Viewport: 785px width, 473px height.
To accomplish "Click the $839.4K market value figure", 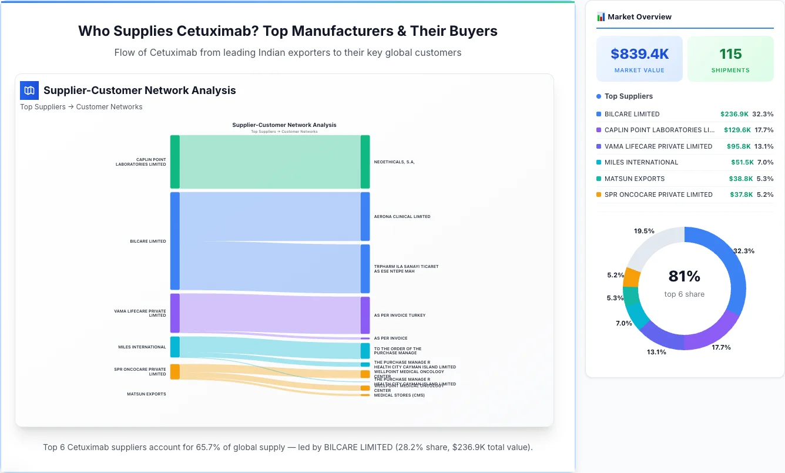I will pyautogui.click(x=639, y=54).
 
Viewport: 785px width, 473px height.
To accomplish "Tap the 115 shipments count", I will pyautogui.click(x=730, y=54).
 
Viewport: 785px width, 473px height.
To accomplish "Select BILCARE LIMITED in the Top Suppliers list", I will pyautogui.click(x=632, y=114).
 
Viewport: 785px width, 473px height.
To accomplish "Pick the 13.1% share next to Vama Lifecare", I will pyautogui.click(x=764, y=146).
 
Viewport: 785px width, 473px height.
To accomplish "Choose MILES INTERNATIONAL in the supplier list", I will pyautogui.click(x=641, y=162).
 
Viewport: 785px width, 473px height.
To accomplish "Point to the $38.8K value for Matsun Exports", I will pyautogui.click(x=740, y=179).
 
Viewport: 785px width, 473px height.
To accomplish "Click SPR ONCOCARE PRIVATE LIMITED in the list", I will pyautogui.click(x=658, y=194).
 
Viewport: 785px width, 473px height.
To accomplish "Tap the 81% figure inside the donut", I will pyautogui.click(x=684, y=276).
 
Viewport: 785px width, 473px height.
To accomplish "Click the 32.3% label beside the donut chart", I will pyautogui.click(x=744, y=251).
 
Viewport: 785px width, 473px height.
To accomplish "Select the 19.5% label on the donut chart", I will pyautogui.click(x=644, y=231).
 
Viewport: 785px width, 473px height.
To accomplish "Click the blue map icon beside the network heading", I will pyautogui.click(x=29, y=90).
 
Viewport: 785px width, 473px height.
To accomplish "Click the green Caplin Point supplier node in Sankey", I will pyautogui.click(x=175, y=162).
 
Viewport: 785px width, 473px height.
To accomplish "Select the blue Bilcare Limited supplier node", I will pyautogui.click(x=175, y=241).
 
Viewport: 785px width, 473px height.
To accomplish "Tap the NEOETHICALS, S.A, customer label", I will pyautogui.click(x=394, y=162).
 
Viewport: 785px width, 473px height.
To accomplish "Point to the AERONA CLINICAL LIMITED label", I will pyautogui.click(x=402, y=216).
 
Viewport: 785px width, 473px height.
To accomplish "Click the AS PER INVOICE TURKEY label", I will pyautogui.click(x=400, y=316).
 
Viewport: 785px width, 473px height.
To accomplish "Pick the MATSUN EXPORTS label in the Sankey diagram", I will pyautogui.click(x=146, y=394).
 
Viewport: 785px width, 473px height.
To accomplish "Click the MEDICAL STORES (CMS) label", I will pyautogui.click(x=399, y=395).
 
